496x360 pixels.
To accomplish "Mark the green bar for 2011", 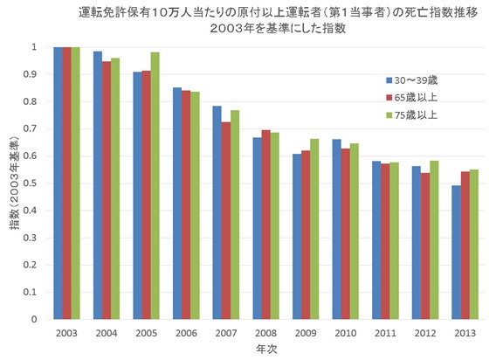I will pyautogui.click(x=393, y=240).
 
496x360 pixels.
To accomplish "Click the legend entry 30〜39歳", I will pyautogui.click(x=417, y=79).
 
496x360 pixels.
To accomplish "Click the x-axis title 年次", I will pyautogui.click(x=263, y=348).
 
